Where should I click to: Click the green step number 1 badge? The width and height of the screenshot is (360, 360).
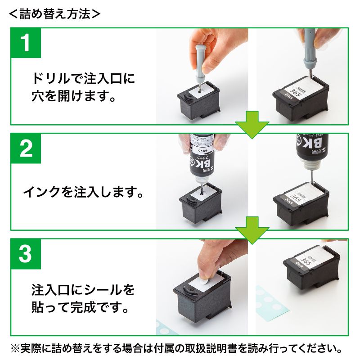(26, 44)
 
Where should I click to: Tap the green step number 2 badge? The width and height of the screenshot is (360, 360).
(26, 149)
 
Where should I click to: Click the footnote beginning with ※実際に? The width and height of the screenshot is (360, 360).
(180, 348)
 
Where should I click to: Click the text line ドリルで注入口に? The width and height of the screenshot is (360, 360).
(83, 78)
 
